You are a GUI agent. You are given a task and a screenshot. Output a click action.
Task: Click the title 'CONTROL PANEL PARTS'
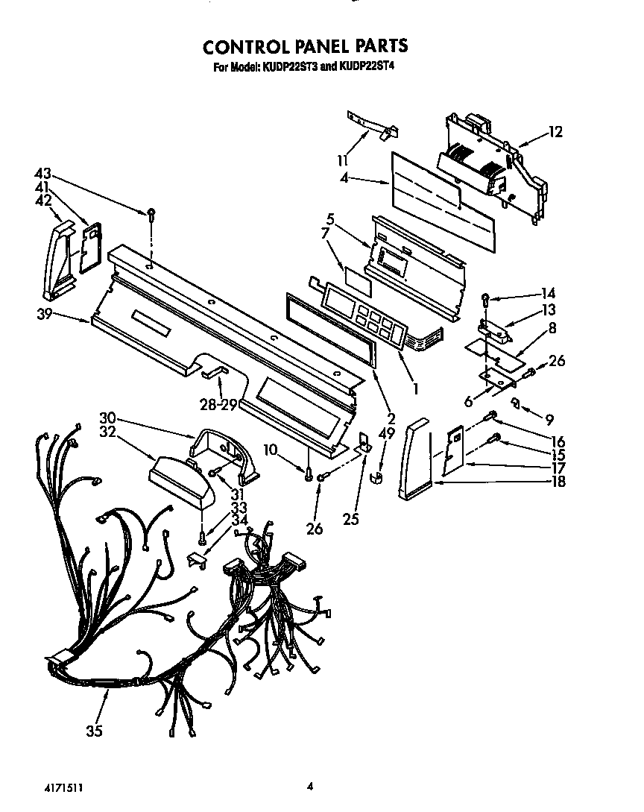[x=305, y=46]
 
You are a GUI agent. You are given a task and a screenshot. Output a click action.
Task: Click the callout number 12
[x=555, y=133]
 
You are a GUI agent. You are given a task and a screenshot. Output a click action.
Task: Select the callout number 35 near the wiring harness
[x=93, y=731]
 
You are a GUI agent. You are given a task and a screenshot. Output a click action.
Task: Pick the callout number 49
[x=386, y=432]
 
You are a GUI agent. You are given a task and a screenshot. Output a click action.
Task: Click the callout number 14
[x=549, y=293]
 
